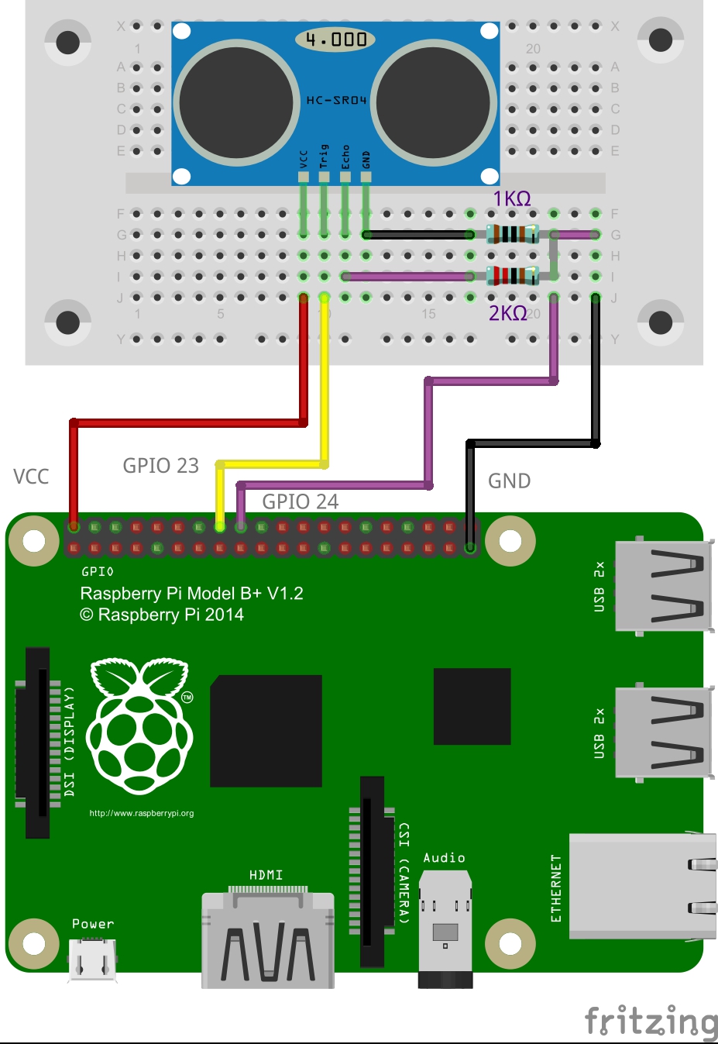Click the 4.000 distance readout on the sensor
coord(335,40)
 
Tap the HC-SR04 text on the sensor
coord(336,100)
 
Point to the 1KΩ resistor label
coord(512,199)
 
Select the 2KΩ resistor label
coord(507,313)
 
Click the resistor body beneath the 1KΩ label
coord(512,233)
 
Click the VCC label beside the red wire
coord(31,477)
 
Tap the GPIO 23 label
coord(161,466)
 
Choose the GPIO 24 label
coord(301,501)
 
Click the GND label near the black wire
coord(509,481)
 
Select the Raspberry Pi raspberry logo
coord(140,725)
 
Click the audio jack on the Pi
coord(445,926)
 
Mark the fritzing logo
coord(651,1021)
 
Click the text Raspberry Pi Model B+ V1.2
coord(191,594)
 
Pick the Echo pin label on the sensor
coord(345,157)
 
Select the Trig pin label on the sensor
coord(324,157)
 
